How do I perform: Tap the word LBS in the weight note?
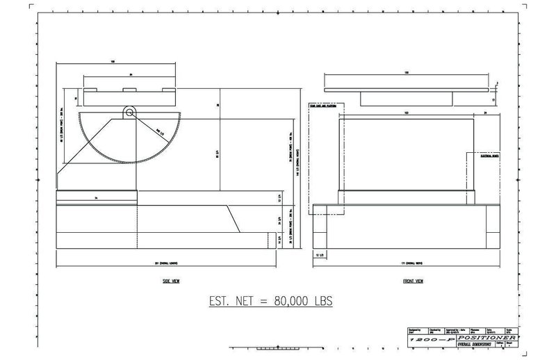(321, 302)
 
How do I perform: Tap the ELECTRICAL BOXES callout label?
(491, 158)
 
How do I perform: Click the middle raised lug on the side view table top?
(126, 90)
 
